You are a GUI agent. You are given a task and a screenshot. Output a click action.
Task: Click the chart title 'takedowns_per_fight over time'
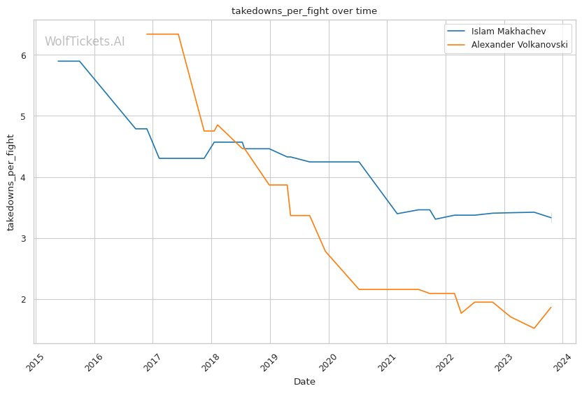(x=304, y=11)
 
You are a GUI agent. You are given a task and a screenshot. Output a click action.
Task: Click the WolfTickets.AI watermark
(x=85, y=41)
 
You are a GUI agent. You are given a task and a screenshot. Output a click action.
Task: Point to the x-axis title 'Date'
(x=304, y=382)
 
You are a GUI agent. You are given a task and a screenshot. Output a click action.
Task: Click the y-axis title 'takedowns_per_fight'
(x=10, y=182)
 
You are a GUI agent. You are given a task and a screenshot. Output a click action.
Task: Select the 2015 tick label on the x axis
(x=35, y=362)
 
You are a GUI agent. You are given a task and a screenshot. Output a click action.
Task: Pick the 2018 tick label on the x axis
(x=211, y=362)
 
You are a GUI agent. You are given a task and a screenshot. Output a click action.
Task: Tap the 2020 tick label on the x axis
(x=328, y=362)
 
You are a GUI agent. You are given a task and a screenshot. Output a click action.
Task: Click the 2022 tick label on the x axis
(x=445, y=362)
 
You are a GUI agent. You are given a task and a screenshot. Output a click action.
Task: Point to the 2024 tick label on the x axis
(x=562, y=362)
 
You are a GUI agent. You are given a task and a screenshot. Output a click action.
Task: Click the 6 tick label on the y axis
(x=24, y=55)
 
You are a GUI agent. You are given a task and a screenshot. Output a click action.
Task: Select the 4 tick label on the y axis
(x=24, y=177)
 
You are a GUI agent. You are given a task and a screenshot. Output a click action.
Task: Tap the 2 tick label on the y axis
(x=24, y=299)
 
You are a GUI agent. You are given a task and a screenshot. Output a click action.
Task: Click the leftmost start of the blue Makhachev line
(x=58, y=61)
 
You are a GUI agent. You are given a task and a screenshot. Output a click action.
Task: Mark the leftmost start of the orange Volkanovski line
(x=147, y=34)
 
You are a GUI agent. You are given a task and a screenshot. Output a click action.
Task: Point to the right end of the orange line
(x=551, y=308)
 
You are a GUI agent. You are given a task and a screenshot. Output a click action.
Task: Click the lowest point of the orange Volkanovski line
(x=534, y=329)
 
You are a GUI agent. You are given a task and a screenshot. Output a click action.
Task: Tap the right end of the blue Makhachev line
(x=551, y=217)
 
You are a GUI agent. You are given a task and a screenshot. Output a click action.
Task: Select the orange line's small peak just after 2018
(x=218, y=125)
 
